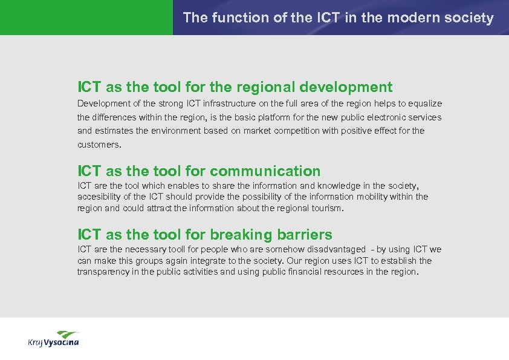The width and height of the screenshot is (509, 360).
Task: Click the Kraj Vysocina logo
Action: click(x=53, y=339)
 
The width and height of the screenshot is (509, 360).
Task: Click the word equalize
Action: click(x=423, y=103)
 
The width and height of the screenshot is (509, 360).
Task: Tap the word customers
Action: click(x=99, y=145)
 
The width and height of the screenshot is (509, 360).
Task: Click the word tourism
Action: click(x=325, y=208)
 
